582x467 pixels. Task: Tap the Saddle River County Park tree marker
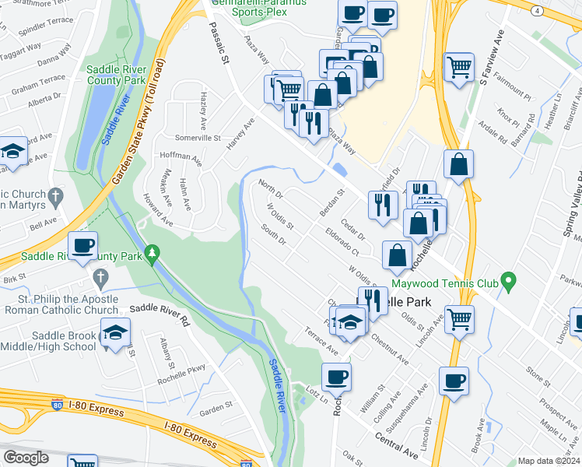[153, 253]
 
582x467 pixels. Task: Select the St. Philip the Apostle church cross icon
[100, 277]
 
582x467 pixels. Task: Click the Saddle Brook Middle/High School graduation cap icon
[114, 334]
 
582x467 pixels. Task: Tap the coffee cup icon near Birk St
[83, 246]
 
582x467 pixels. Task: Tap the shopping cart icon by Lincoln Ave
[459, 318]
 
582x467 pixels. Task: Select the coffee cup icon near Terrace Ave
[337, 377]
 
